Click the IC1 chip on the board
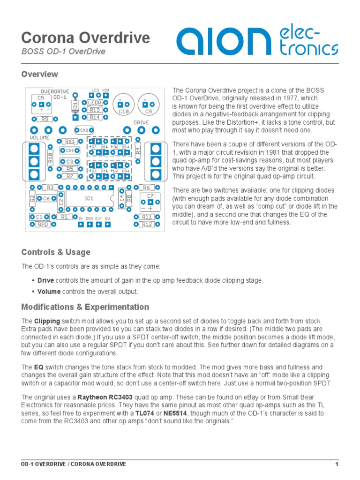pos(89,198)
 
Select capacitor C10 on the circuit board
pos(124,106)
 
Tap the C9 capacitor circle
pos(149,106)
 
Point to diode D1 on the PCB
pos(75,107)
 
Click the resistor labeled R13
pos(95,110)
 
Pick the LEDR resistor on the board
pos(95,102)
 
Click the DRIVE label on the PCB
pos(141,122)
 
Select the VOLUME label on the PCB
pos(40,138)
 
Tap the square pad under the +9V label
pos(106,96)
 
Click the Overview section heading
pos(40,74)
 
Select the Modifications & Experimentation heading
pos(85,307)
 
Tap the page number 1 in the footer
pos(337,464)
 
